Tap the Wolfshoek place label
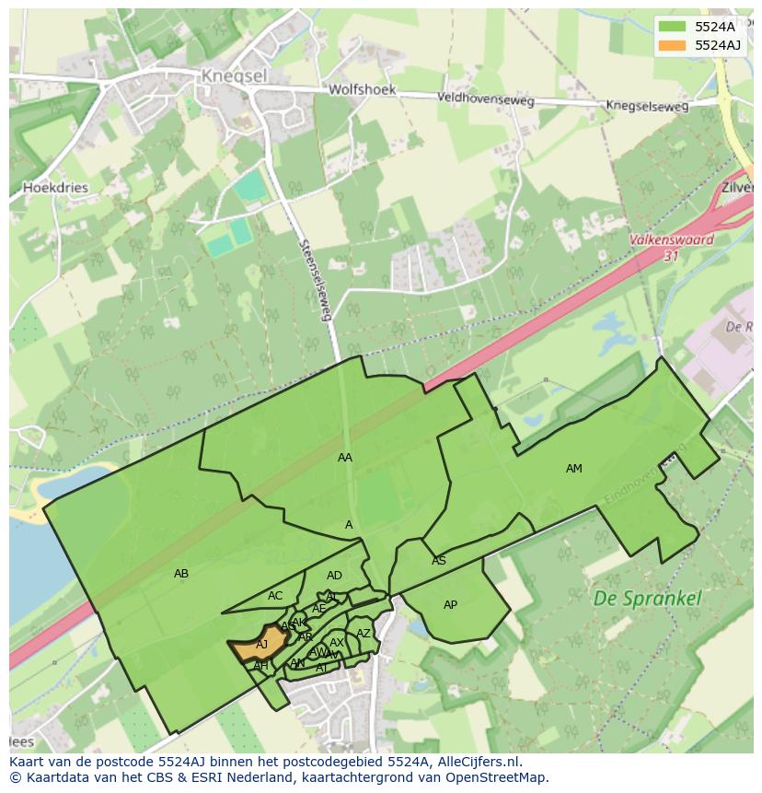[362, 90]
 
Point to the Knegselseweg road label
[647, 107]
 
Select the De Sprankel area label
[647, 598]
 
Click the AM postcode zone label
[573, 469]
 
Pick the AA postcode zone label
[345, 458]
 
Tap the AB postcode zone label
[181, 574]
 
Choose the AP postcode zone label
[450, 605]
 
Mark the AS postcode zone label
[439, 561]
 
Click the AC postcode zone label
[275, 596]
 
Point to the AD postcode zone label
[334, 576]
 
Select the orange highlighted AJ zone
[259, 646]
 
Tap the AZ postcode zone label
[364, 634]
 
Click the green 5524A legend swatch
[673, 27]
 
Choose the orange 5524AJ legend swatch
[673, 45]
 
